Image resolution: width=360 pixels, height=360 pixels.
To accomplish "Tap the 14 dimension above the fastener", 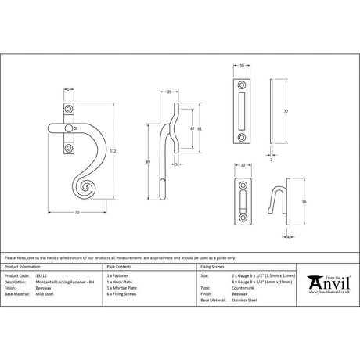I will coord(70,89).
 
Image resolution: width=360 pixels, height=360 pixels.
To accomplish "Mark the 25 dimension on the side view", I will coord(170,92).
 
